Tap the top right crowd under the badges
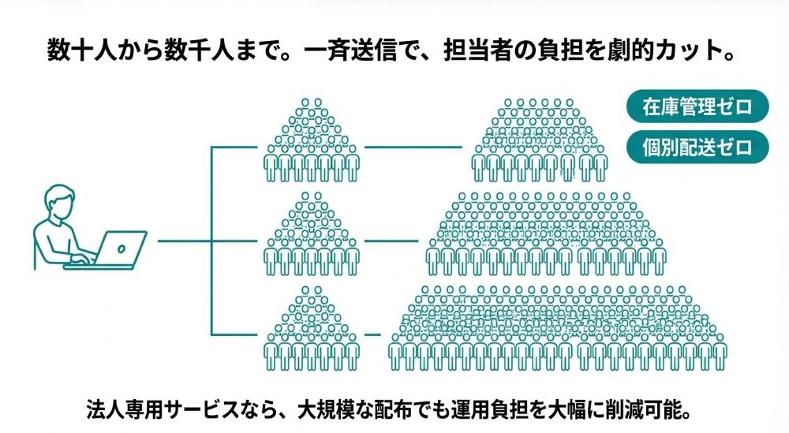click(543, 139)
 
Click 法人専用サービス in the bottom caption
click(158, 410)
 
